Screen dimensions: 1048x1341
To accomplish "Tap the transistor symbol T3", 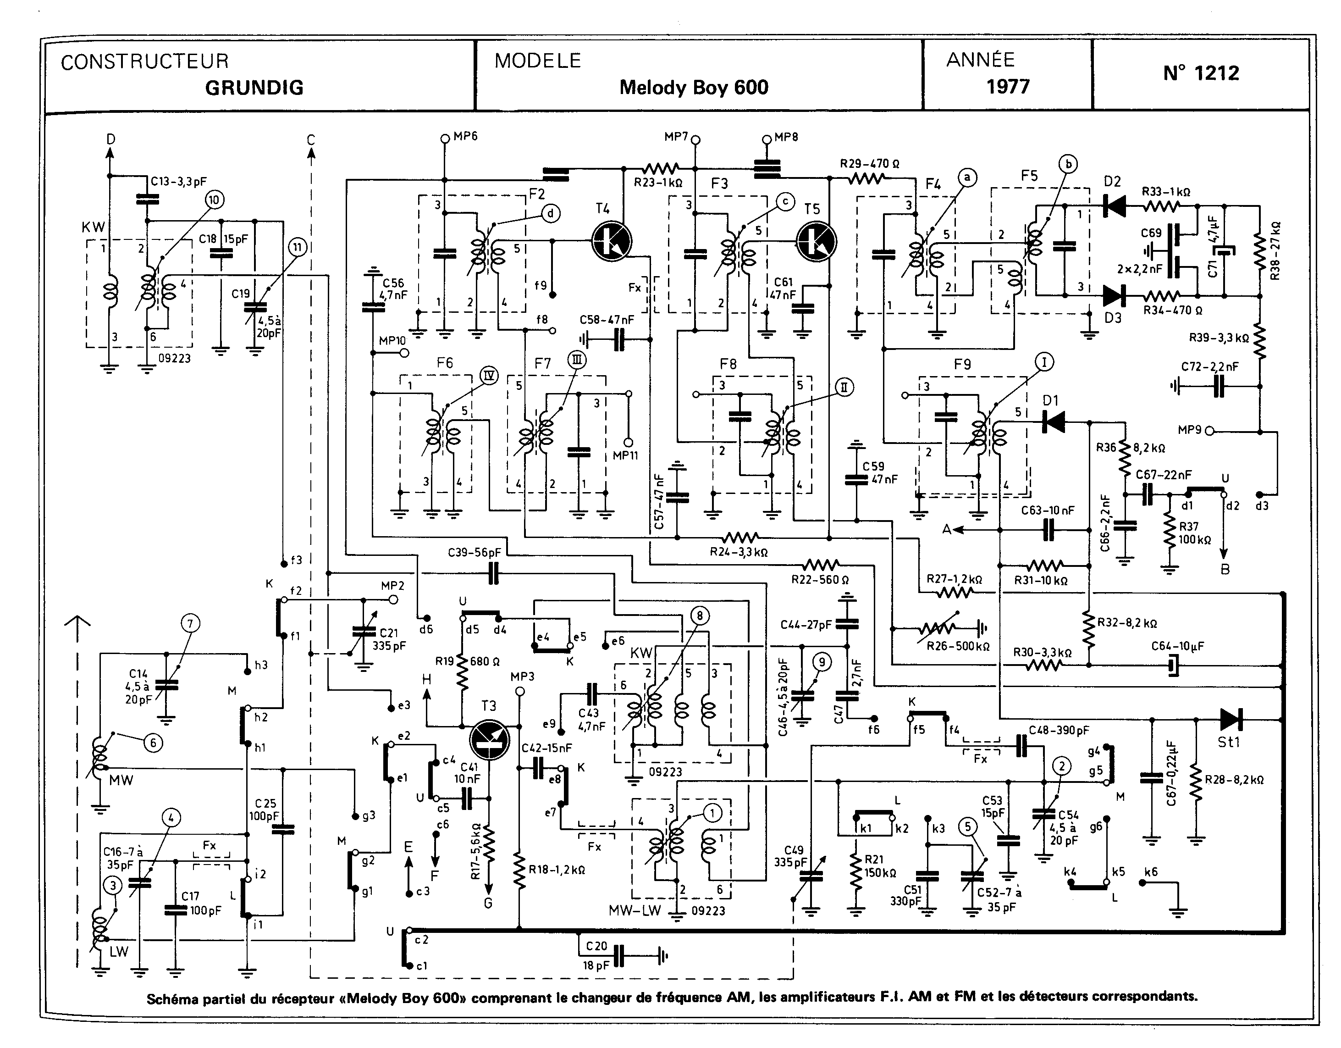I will click(x=489, y=740).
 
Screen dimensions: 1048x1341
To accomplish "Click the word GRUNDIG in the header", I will click(x=254, y=88).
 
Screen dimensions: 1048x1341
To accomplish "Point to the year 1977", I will click(x=1008, y=87).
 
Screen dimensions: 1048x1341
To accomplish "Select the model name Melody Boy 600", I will click(x=693, y=87).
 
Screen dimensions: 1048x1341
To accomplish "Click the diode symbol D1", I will click(x=1054, y=422).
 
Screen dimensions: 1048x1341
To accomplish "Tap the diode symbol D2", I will click(x=1114, y=205).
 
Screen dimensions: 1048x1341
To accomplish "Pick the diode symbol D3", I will click(x=1113, y=295).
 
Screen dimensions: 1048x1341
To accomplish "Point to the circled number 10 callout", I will click(x=214, y=199).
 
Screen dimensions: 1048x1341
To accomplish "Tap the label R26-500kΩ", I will click(x=957, y=646).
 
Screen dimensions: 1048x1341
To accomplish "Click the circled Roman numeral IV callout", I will click(x=489, y=375).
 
